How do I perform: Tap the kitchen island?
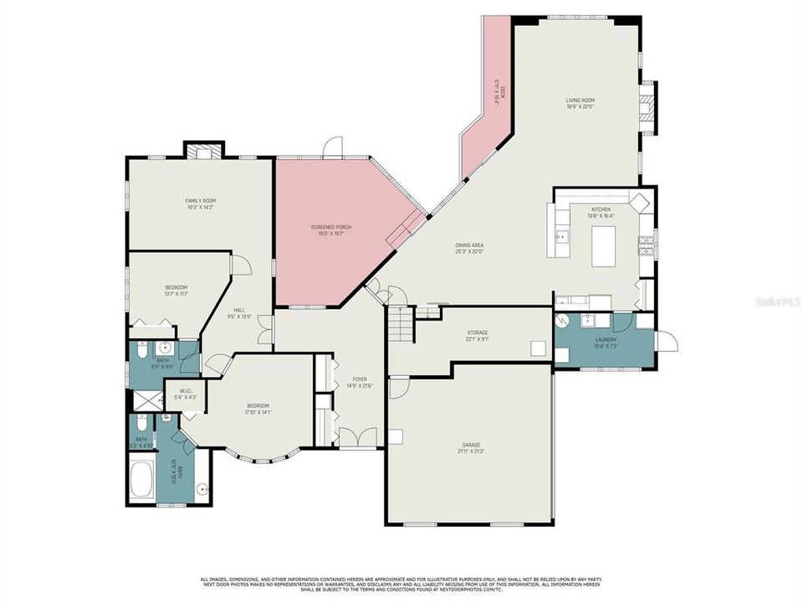pos(603,246)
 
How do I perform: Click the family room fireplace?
pos(203,152)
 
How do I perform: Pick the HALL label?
pos(239,313)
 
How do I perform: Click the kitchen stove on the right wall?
pos(646,244)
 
